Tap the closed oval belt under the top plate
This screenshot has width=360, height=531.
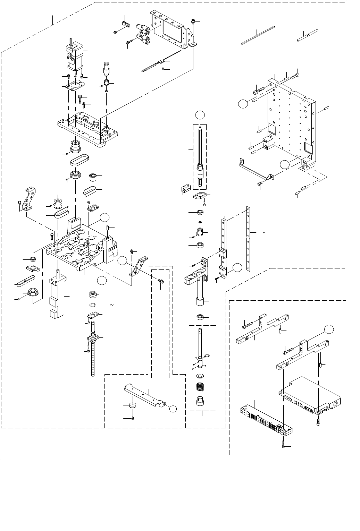tap(79, 161)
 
